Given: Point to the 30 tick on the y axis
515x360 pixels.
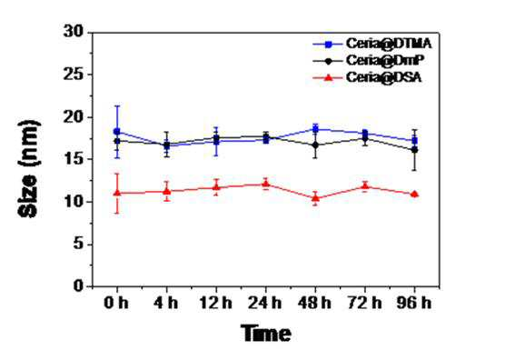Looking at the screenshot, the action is click(74, 32).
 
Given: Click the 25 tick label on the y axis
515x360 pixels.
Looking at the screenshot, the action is click(74, 75).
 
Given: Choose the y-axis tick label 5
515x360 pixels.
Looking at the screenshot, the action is click(79, 244).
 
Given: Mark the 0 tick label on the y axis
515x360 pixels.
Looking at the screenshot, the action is click(79, 286).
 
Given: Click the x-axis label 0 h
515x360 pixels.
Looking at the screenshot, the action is click(116, 303).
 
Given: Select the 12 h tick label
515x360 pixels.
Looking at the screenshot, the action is click(216, 303).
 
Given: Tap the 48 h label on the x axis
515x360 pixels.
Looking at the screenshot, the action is click(314, 303).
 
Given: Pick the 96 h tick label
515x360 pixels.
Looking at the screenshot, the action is click(414, 303).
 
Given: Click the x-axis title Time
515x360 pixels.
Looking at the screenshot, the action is click(266, 334).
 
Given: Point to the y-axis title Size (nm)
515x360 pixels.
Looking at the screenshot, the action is click(29, 169).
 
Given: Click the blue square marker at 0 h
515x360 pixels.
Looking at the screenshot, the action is click(117, 132).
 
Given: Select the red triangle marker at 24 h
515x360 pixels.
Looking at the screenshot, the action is click(266, 184).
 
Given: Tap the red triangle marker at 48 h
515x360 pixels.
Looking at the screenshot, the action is click(315, 198).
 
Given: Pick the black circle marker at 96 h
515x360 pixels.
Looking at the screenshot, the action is click(414, 150).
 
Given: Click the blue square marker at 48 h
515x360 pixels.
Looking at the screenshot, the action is click(315, 129).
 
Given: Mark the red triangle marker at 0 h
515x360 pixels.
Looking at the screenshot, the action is click(117, 193).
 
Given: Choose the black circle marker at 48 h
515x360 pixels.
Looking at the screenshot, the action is click(315, 145).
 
